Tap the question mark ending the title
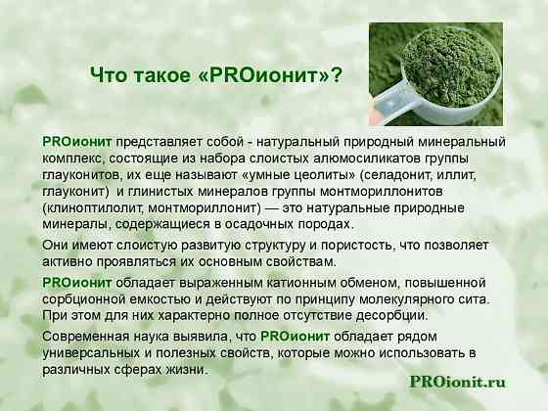coord(336,75)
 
